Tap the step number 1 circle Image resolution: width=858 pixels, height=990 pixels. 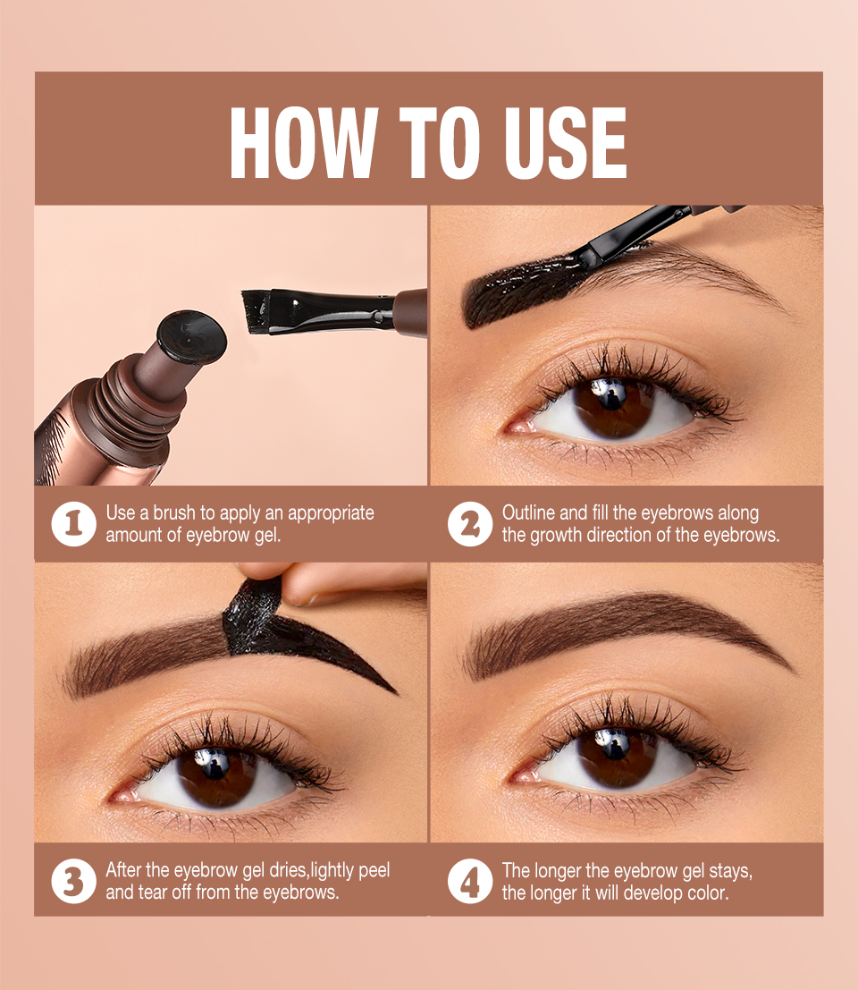point(73,524)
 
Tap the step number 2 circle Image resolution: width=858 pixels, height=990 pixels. point(470,524)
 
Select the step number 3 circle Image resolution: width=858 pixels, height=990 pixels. point(73,881)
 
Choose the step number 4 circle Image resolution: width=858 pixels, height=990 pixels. point(470,881)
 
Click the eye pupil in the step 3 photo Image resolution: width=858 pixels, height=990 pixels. point(214,768)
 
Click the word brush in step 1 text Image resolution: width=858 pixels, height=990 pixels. point(173,513)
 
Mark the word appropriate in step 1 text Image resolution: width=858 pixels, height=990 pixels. point(331,513)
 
